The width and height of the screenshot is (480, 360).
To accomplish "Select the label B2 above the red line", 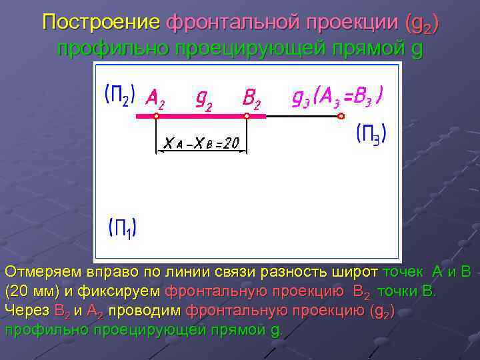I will pyautogui.click(x=251, y=99).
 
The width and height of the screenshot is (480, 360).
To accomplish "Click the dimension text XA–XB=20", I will pyautogui.click(x=201, y=142).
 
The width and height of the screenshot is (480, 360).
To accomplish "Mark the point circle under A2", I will pyautogui.click(x=156, y=116).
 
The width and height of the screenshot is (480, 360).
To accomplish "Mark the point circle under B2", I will pyautogui.click(x=247, y=116).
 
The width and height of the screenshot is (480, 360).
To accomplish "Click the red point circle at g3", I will pyautogui.click(x=341, y=116).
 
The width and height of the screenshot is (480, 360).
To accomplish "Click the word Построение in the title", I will pyautogui.click(x=101, y=23).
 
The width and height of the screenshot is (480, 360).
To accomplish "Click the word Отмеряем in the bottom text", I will pyautogui.click(x=43, y=273).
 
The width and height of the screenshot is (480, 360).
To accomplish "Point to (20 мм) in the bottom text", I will pyautogui.click(x=32, y=291).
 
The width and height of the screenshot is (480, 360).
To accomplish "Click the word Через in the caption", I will pyautogui.click(x=27, y=310).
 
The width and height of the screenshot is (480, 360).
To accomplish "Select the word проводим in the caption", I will pyautogui.click(x=144, y=310).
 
